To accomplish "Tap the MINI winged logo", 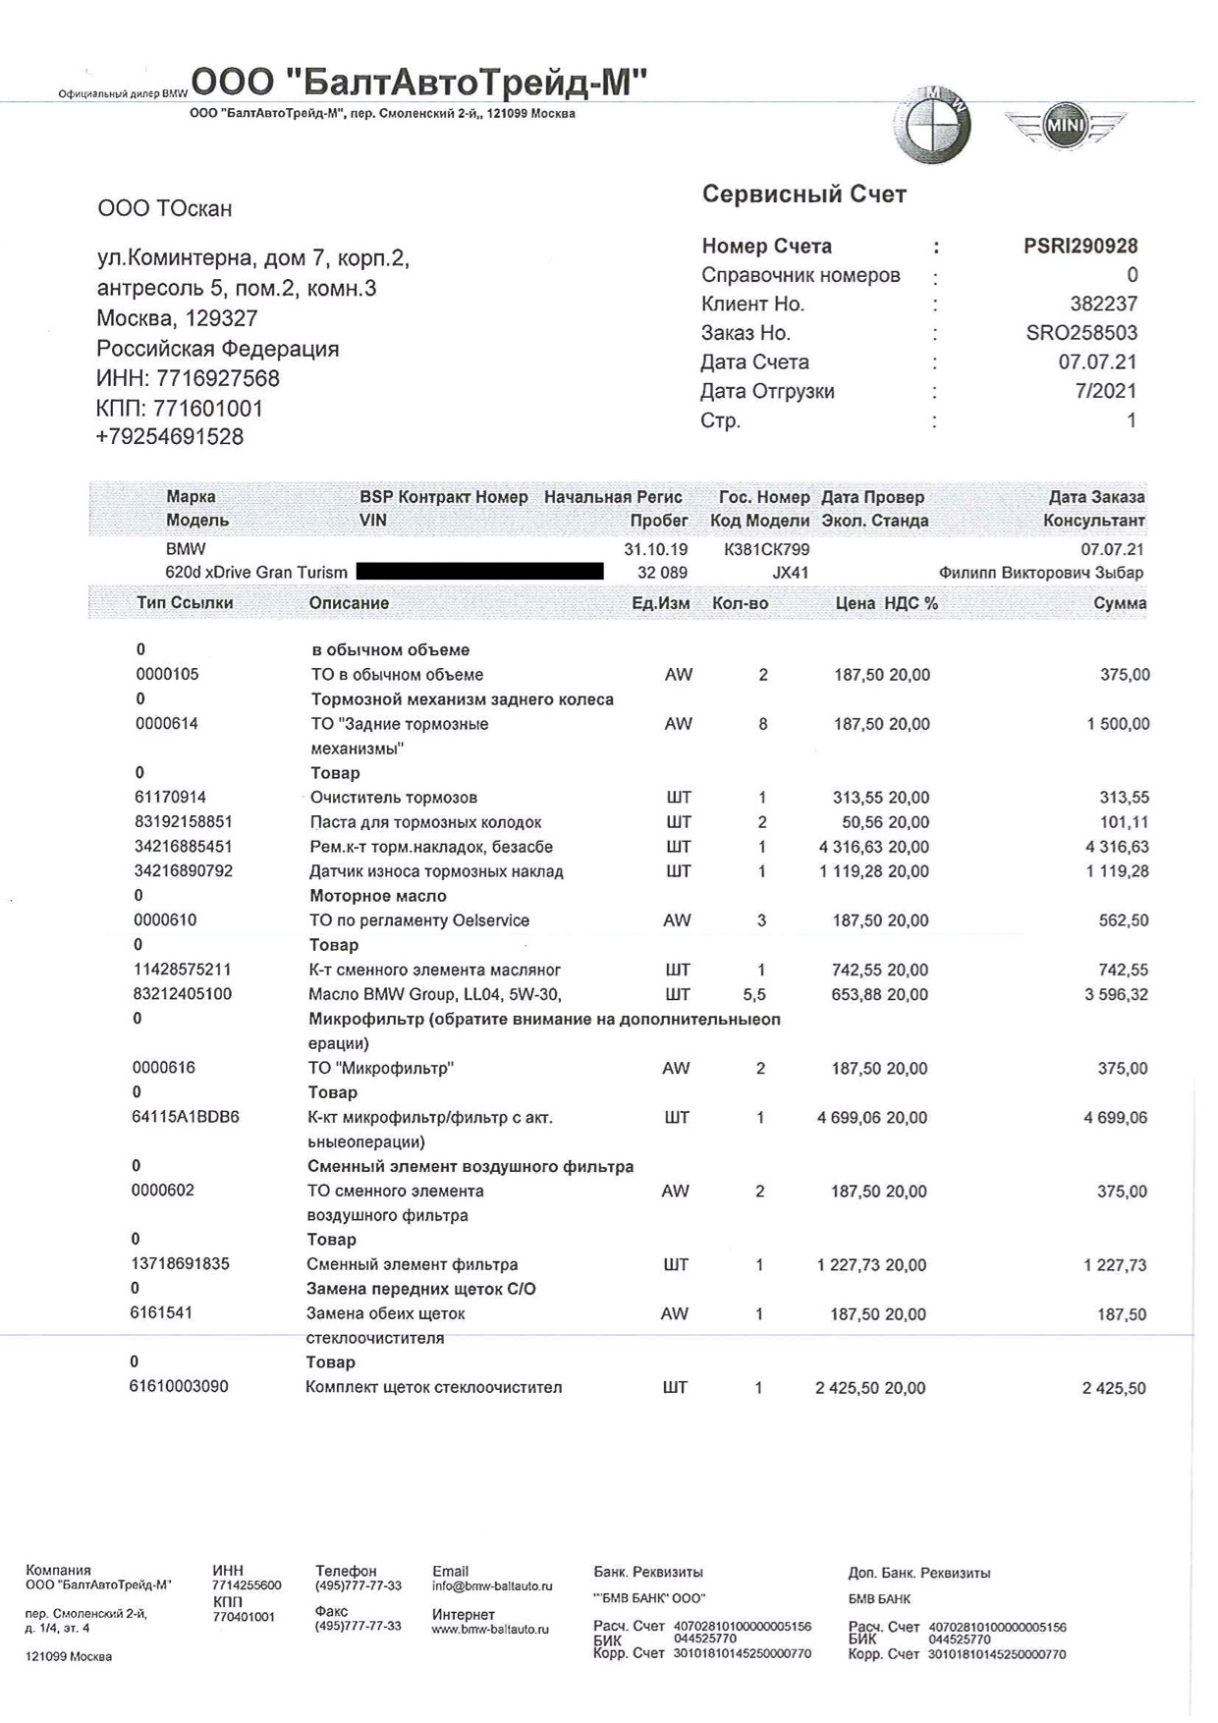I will pyautogui.click(x=1064, y=126).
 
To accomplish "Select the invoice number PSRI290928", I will pyautogui.click(x=1080, y=247).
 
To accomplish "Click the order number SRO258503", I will pyautogui.click(x=1081, y=333).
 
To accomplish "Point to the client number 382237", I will pyautogui.click(x=1103, y=305).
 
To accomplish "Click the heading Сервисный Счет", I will pyautogui.click(x=803, y=195).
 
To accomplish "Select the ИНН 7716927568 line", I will pyautogui.click(x=188, y=378).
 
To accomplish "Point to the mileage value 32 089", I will pyautogui.click(x=662, y=573).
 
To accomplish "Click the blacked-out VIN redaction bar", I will pyautogui.click(x=479, y=571).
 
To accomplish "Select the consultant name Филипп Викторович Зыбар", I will pyautogui.click(x=1041, y=573).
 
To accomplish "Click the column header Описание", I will pyautogui.click(x=349, y=603).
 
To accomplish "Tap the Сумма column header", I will pyautogui.click(x=1120, y=603).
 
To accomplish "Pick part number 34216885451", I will pyautogui.click(x=184, y=847).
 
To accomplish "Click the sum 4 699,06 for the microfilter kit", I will pyautogui.click(x=1116, y=1118).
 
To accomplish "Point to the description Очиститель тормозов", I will pyautogui.click(x=393, y=798).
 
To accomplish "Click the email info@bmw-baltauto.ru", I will pyautogui.click(x=492, y=1585).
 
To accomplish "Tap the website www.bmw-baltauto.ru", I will pyautogui.click(x=490, y=1629).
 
